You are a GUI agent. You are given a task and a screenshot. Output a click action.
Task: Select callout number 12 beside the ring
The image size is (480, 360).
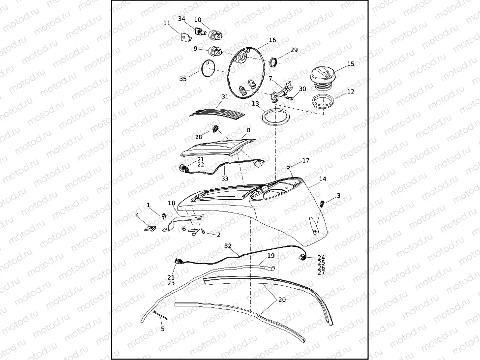tap(351, 91)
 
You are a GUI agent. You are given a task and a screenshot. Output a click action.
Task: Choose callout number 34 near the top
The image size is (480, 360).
tap(181, 19)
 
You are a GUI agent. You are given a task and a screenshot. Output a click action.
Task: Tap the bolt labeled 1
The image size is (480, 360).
tap(163, 215)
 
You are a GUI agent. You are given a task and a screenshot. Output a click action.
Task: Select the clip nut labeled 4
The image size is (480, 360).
tap(151, 228)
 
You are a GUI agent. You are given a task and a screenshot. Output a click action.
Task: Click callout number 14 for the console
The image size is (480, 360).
tap(323, 180)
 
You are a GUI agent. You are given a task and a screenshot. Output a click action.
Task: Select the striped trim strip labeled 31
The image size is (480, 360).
tap(218, 113)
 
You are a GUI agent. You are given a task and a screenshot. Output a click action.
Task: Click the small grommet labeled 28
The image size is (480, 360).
tap(215, 130)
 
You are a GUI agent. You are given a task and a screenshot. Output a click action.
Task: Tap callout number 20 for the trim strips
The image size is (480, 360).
tap(282, 299)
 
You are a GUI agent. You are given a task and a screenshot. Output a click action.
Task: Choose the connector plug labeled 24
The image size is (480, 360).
tap(300, 257)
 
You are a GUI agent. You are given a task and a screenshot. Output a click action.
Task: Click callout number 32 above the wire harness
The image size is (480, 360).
tap(228, 245)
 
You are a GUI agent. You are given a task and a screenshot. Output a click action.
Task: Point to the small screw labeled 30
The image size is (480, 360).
tap(290, 98)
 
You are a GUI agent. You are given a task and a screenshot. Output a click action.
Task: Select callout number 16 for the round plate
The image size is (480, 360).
tap(272, 40)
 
